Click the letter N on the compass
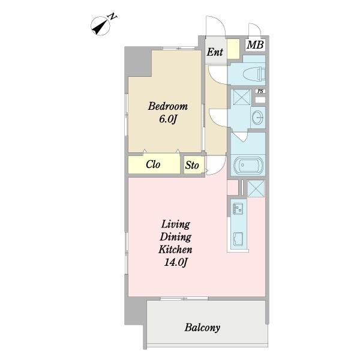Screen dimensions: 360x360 point(113,17)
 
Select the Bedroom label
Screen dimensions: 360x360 point(168,106)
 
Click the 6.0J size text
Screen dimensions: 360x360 point(168,119)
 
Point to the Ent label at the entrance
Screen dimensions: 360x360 point(215,52)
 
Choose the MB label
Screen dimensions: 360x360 point(255,45)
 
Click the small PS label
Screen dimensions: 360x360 point(260,91)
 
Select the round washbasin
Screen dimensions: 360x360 point(259,117)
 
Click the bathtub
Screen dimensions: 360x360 point(248,166)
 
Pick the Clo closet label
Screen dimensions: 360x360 point(153,164)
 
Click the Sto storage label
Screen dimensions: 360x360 point(192,165)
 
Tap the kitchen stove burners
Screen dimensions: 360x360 point(238,208)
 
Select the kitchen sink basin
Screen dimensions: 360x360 point(238,239)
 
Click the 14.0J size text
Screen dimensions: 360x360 point(176,262)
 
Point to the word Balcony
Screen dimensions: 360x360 point(202,328)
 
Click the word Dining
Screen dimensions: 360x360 point(175,237)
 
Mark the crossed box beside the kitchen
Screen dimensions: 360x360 point(256,188)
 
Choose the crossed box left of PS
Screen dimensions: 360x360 point(242,97)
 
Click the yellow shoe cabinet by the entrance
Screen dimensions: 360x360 point(233,49)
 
